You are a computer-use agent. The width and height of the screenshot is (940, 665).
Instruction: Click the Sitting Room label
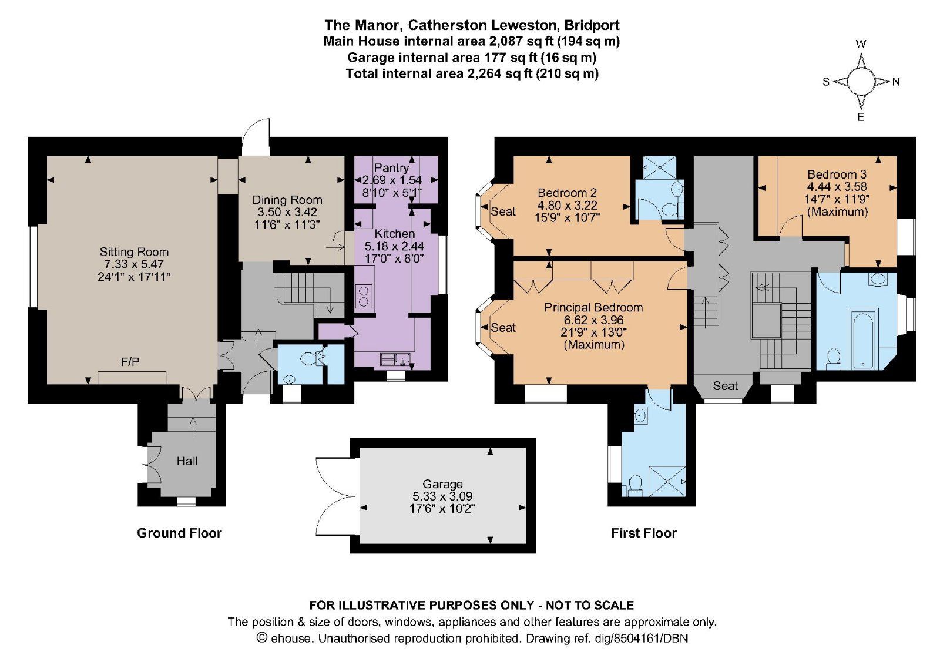(x=134, y=252)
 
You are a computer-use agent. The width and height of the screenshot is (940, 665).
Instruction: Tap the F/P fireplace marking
(x=130, y=362)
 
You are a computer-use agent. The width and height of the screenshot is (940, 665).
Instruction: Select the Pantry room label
(x=391, y=168)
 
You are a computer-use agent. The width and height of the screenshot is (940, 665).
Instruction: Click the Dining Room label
(x=287, y=200)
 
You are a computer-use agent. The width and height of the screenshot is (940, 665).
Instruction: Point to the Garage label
(x=442, y=484)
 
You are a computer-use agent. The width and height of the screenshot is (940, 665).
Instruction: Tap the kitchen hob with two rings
(x=363, y=295)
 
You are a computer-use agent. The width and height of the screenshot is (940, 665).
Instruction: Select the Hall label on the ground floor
(x=187, y=462)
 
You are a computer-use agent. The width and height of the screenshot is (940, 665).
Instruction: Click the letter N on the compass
(x=896, y=82)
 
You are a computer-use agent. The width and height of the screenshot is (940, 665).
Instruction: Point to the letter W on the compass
(x=861, y=44)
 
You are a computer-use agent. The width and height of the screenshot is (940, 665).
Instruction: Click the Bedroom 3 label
(x=837, y=174)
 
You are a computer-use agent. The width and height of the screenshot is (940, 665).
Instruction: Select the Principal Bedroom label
(x=593, y=307)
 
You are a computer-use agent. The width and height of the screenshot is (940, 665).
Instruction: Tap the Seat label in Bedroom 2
(x=503, y=211)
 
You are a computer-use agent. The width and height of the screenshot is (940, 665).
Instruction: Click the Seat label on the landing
(x=725, y=386)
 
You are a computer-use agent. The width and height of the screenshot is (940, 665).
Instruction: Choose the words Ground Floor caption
(x=179, y=533)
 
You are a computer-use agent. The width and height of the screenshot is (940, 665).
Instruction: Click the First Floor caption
(x=643, y=533)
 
